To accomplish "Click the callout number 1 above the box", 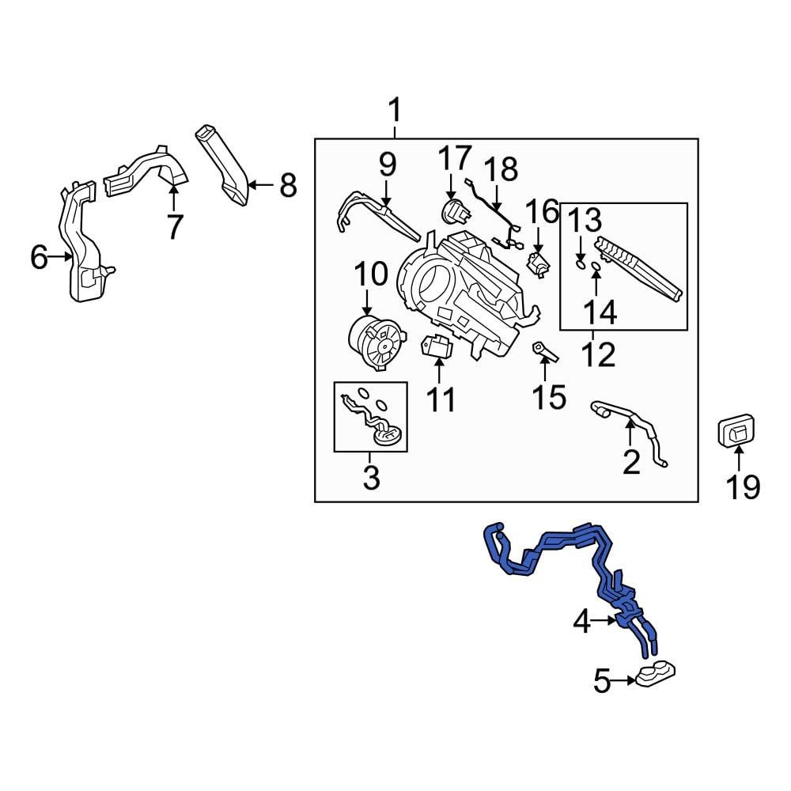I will click(x=394, y=111).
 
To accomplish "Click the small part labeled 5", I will click(x=655, y=675).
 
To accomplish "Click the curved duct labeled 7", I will click(x=150, y=170).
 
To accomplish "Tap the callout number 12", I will click(x=598, y=355).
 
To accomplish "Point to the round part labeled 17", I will click(x=452, y=211).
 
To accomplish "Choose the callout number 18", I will click(x=501, y=169).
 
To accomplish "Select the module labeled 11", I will click(x=437, y=346).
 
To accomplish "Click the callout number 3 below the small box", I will click(x=371, y=477).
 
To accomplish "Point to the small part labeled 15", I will click(x=544, y=350).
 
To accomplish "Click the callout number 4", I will click(x=581, y=623).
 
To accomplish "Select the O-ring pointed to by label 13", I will click(x=581, y=266).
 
